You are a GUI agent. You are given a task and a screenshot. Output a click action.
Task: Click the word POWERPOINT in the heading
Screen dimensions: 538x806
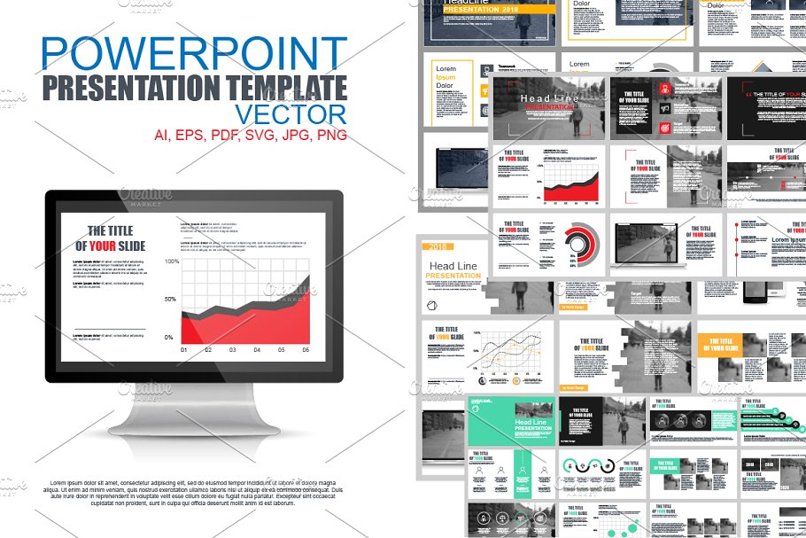click(x=193, y=56)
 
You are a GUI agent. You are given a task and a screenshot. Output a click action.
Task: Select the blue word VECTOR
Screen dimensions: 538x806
click(x=291, y=114)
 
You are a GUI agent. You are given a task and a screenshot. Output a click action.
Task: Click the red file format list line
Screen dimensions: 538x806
click(x=251, y=136)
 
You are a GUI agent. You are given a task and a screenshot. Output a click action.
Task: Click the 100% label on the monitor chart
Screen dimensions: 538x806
click(x=172, y=262)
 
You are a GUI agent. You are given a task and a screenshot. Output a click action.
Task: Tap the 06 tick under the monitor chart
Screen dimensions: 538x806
click(x=306, y=350)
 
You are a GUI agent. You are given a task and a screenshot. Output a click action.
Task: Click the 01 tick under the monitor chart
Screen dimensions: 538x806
click(x=184, y=350)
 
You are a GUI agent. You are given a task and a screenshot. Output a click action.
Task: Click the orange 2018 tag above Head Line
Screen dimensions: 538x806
click(x=438, y=247)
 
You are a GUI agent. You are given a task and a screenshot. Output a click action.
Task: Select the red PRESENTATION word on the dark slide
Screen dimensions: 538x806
click(x=550, y=107)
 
